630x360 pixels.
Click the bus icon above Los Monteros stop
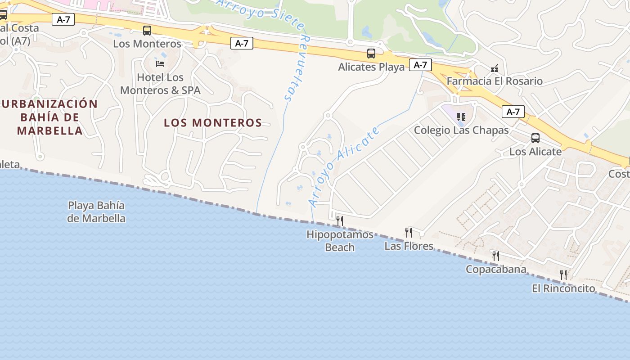point(147,31)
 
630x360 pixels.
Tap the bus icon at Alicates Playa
point(371,54)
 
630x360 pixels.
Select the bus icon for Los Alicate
point(535,138)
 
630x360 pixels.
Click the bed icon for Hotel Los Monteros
point(160,63)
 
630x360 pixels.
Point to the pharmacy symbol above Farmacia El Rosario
point(495,68)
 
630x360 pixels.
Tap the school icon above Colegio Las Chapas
point(461,117)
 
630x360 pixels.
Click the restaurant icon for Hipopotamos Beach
point(340,220)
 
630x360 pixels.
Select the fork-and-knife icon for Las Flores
point(409,232)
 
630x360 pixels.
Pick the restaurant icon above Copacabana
point(496,256)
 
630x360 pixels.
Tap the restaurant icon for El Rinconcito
point(563,274)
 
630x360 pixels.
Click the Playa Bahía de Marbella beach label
point(96,212)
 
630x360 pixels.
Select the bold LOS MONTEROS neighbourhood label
point(213,123)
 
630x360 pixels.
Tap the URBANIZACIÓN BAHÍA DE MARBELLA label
point(49,117)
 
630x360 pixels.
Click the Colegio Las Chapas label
point(461,130)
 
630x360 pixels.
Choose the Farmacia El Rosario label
point(495,81)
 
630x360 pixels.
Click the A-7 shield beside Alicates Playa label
point(420,65)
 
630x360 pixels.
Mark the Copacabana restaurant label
point(496,270)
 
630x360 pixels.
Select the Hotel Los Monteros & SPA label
point(160,84)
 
